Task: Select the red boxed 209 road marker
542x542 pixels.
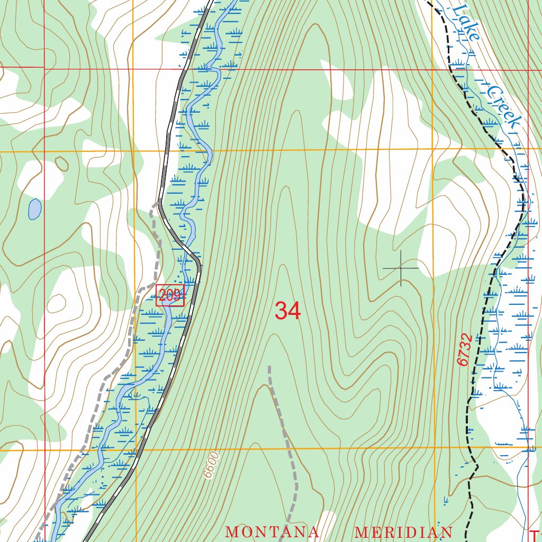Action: click(170, 295)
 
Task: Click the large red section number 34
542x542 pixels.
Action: click(287, 311)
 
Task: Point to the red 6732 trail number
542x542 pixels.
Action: click(464, 349)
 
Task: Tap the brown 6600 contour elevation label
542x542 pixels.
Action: click(211, 465)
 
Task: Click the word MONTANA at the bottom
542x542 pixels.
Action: click(273, 532)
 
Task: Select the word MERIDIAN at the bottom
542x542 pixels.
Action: click(403, 532)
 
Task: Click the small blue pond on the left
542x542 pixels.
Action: click(34, 210)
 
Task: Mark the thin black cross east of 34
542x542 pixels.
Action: click(401, 268)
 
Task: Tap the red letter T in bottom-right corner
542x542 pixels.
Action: click(535, 534)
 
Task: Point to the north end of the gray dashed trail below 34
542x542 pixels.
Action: click(269, 366)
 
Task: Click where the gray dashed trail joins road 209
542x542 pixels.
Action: click(159, 202)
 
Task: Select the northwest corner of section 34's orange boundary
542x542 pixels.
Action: click(133, 151)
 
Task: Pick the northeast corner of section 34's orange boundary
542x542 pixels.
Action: click(432, 149)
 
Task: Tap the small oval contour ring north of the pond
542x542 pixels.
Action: click(62, 163)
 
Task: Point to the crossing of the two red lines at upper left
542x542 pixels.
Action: click(44, 68)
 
